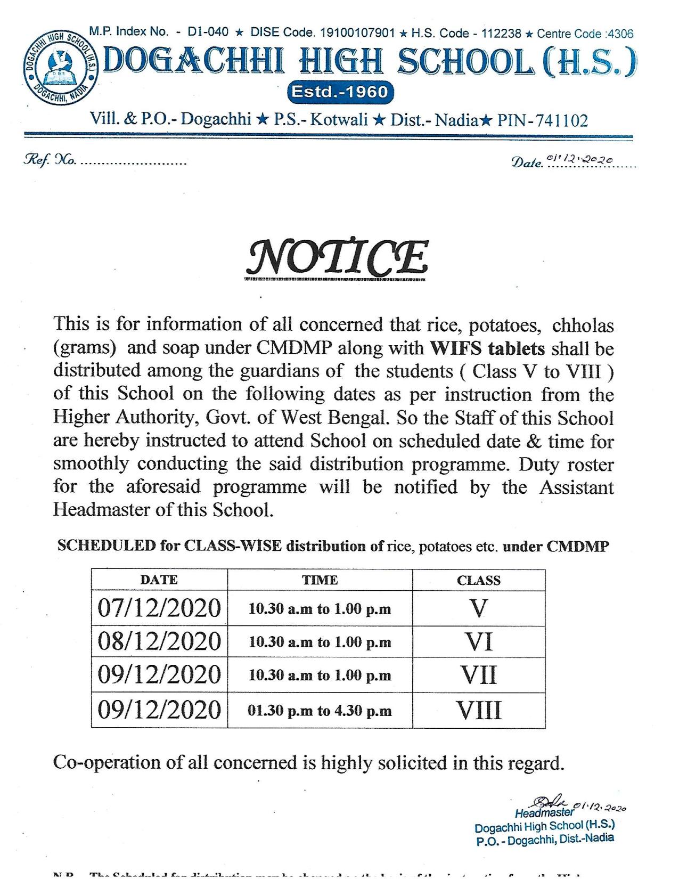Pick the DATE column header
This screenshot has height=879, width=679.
[x=159, y=580]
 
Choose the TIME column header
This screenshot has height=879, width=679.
[x=320, y=580]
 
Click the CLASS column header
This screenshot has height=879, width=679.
[x=478, y=580]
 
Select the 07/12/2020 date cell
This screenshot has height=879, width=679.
[x=159, y=608]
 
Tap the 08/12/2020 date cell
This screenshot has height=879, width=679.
[x=159, y=641]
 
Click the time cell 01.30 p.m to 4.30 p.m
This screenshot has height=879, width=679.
[x=320, y=711]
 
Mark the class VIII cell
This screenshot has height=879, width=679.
[x=478, y=710]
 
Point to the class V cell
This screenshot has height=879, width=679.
[x=478, y=608]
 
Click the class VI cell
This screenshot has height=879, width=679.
[x=478, y=642]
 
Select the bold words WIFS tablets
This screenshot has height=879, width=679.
[x=487, y=348]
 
